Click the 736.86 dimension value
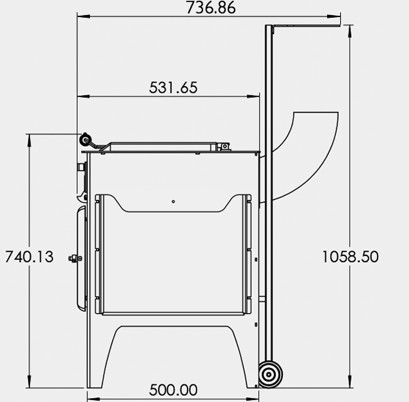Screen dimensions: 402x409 [208, 8]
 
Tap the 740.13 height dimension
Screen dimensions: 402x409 [29, 257]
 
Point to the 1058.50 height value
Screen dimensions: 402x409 [350, 257]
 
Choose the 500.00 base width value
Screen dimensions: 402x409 [173, 390]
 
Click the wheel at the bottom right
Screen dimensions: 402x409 [269, 375]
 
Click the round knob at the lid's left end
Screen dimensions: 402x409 [86, 139]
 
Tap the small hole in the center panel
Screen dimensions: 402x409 [174, 201]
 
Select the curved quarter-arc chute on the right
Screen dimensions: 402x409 [310, 147]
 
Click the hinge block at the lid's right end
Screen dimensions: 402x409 [222, 145]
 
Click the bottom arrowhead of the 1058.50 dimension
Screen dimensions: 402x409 [350, 384]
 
